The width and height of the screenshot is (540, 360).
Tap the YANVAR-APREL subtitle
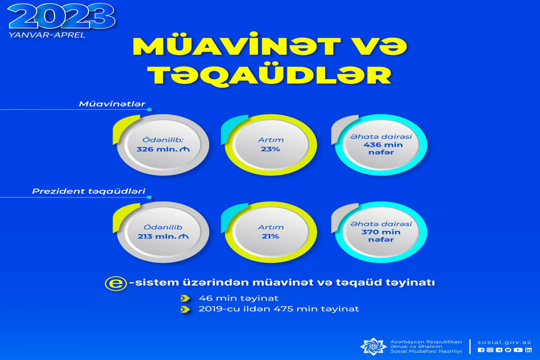[x=47, y=35]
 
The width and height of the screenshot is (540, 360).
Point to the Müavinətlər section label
[x=112, y=104]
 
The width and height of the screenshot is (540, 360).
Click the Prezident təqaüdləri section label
[x=89, y=191]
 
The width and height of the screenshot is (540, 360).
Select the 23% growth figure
[x=270, y=149]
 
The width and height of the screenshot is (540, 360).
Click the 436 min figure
[x=383, y=145]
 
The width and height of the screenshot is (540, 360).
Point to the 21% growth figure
[x=270, y=236]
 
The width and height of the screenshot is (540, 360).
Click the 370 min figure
[x=381, y=232]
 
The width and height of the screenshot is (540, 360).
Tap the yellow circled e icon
[x=116, y=283]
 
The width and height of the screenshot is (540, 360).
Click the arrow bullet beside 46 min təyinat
[x=185, y=298]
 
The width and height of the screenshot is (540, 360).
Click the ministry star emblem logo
[x=373, y=347]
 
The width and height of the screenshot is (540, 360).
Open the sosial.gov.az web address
[x=504, y=342]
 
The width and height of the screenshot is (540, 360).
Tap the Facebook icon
[x=481, y=350]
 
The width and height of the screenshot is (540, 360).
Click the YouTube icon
[x=518, y=350]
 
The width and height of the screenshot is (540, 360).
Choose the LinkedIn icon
[x=528, y=350]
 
